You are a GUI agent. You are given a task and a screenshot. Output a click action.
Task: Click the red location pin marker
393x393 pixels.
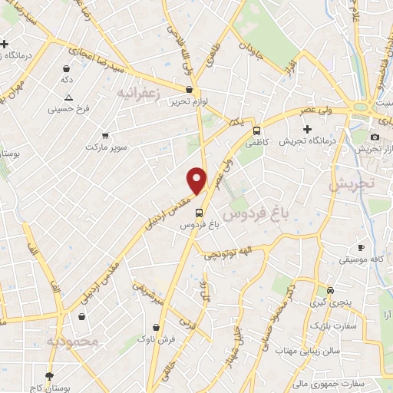[197, 180]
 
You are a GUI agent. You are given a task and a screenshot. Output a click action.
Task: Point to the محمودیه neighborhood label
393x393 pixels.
[73, 340]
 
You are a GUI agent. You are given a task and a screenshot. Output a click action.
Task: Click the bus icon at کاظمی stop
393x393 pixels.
[257, 130]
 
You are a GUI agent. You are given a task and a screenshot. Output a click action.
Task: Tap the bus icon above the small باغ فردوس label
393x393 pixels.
[200, 213]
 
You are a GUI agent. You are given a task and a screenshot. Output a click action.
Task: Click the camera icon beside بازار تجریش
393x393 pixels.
[375, 137]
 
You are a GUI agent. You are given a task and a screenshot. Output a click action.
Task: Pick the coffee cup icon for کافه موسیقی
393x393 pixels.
[361, 248]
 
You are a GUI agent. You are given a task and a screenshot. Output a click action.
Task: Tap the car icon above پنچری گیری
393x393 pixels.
[330, 291]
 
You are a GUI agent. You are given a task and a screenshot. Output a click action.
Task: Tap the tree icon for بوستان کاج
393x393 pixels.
[50, 376]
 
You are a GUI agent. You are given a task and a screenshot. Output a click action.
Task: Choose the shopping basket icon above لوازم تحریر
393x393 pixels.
[189, 89]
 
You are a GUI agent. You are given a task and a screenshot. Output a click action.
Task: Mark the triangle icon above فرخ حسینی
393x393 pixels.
[69, 97]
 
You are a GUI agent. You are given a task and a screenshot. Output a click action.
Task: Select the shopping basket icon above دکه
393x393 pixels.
[67, 68]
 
